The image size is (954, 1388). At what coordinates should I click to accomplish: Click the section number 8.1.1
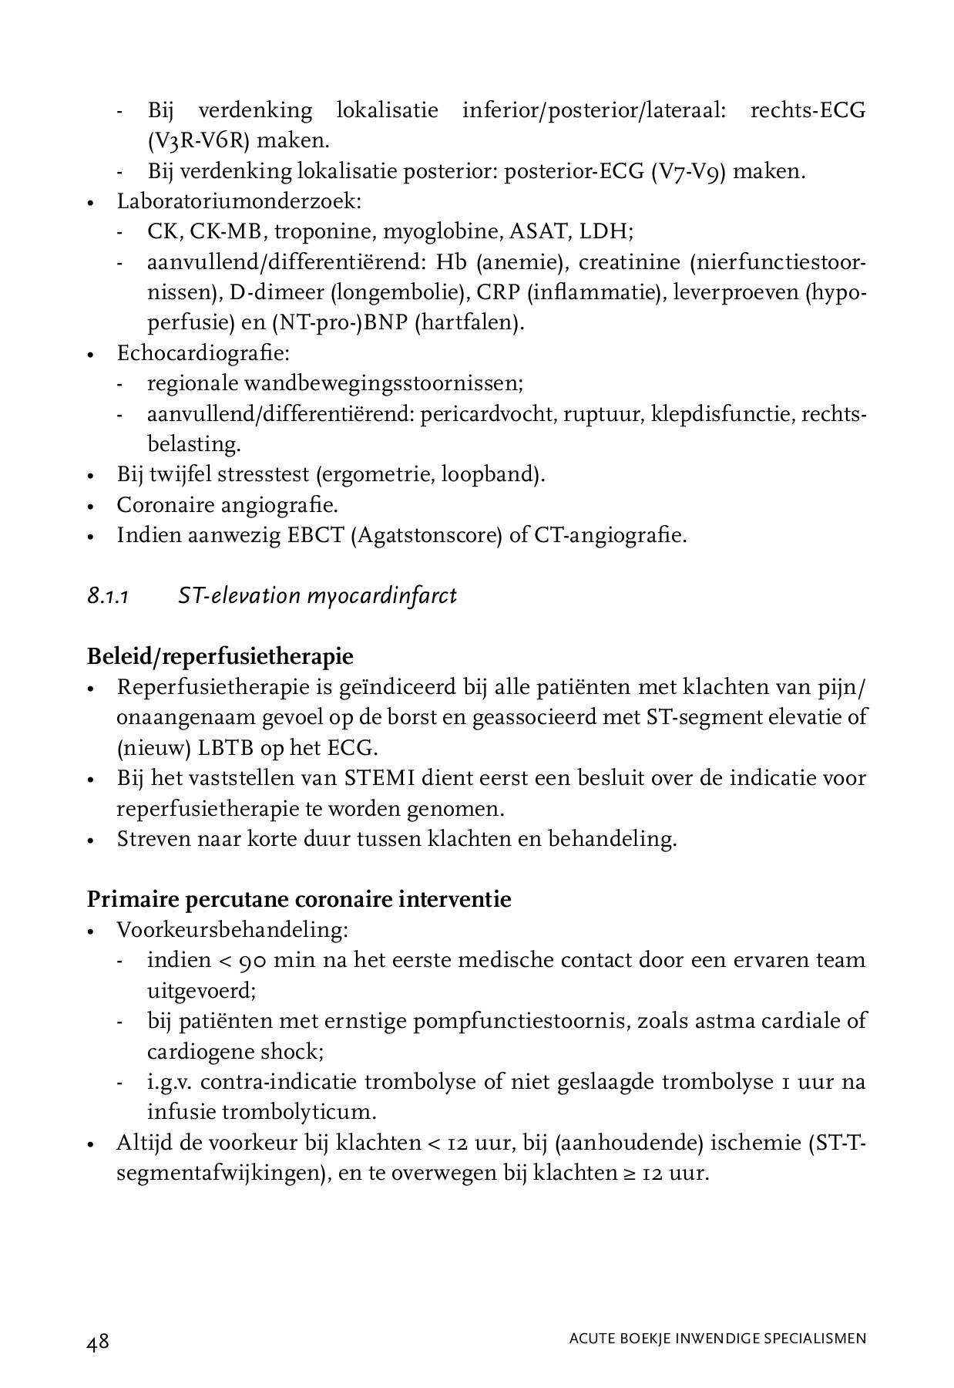click(107, 596)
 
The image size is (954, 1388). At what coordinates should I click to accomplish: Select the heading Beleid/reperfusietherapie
click(220, 656)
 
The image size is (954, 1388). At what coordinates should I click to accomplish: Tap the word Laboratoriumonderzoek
click(238, 202)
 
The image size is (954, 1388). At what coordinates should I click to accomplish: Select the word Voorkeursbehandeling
click(231, 930)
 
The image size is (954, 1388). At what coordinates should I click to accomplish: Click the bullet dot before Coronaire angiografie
click(91, 507)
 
